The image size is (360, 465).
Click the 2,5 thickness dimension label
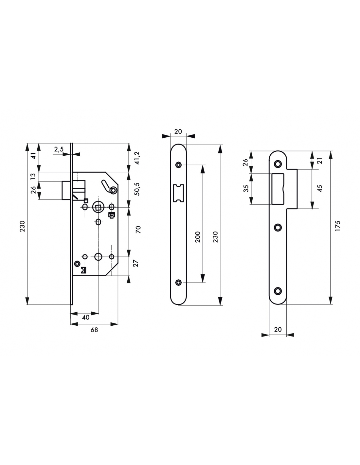59,149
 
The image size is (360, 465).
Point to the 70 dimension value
138,230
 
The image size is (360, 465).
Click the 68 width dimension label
94,330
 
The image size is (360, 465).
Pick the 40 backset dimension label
86,318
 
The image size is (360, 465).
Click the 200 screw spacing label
198,237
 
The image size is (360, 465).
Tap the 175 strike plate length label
338,226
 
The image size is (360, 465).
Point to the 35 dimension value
246,188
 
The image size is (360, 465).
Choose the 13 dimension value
33,176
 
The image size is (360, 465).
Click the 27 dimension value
135,263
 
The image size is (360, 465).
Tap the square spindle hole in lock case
98,207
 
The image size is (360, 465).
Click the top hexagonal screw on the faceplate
178,165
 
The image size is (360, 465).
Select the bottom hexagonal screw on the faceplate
178,283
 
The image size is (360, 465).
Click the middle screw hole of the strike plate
278,227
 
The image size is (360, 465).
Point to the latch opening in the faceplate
178,193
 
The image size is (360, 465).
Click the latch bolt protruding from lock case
66,190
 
